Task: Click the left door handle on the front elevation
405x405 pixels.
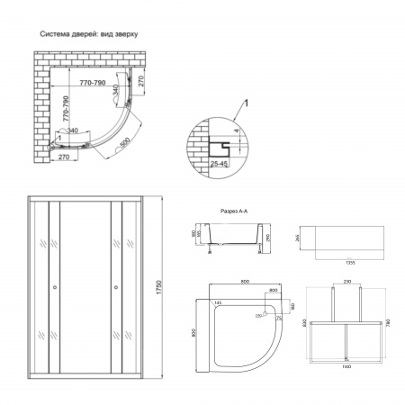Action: pyautogui.click(x=55, y=288)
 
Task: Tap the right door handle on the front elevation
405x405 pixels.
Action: pyautogui.click(x=116, y=288)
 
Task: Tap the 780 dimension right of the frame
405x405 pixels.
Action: pyautogui.click(x=388, y=322)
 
